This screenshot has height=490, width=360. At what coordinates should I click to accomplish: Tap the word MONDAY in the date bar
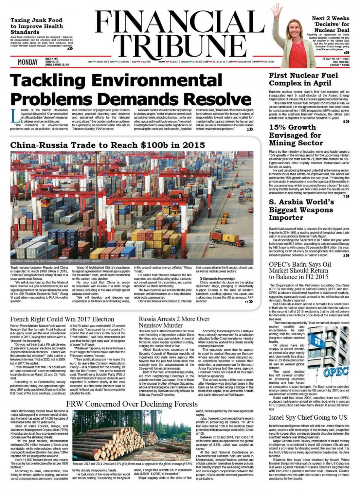[x=27, y=62]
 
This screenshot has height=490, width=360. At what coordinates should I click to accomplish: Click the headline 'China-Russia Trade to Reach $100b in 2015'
[x=108, y=145]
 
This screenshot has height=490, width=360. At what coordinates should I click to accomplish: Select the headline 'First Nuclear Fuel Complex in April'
[x=303, y=79]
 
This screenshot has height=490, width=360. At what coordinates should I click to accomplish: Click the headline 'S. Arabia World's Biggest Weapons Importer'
[x=301, y=210]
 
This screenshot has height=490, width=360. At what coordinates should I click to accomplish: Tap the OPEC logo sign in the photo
[x=335, y=372]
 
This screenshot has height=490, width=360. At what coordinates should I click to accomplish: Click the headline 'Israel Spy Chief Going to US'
[x=308, y=417]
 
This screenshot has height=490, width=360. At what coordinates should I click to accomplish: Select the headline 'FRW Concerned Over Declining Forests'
[x=132, y=404]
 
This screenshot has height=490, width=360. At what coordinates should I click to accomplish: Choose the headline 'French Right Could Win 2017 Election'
[x=62, y=319]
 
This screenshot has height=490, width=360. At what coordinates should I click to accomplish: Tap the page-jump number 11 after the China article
[x=246, y=302]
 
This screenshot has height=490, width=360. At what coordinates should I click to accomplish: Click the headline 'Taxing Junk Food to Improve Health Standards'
[x=37, y=26]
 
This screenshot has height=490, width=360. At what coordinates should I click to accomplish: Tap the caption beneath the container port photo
[x=57, y=261]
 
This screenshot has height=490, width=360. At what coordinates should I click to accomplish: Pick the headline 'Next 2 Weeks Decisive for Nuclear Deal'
[x=330, y=24]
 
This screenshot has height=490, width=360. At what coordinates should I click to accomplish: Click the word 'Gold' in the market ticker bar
[x=205, y=61]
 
